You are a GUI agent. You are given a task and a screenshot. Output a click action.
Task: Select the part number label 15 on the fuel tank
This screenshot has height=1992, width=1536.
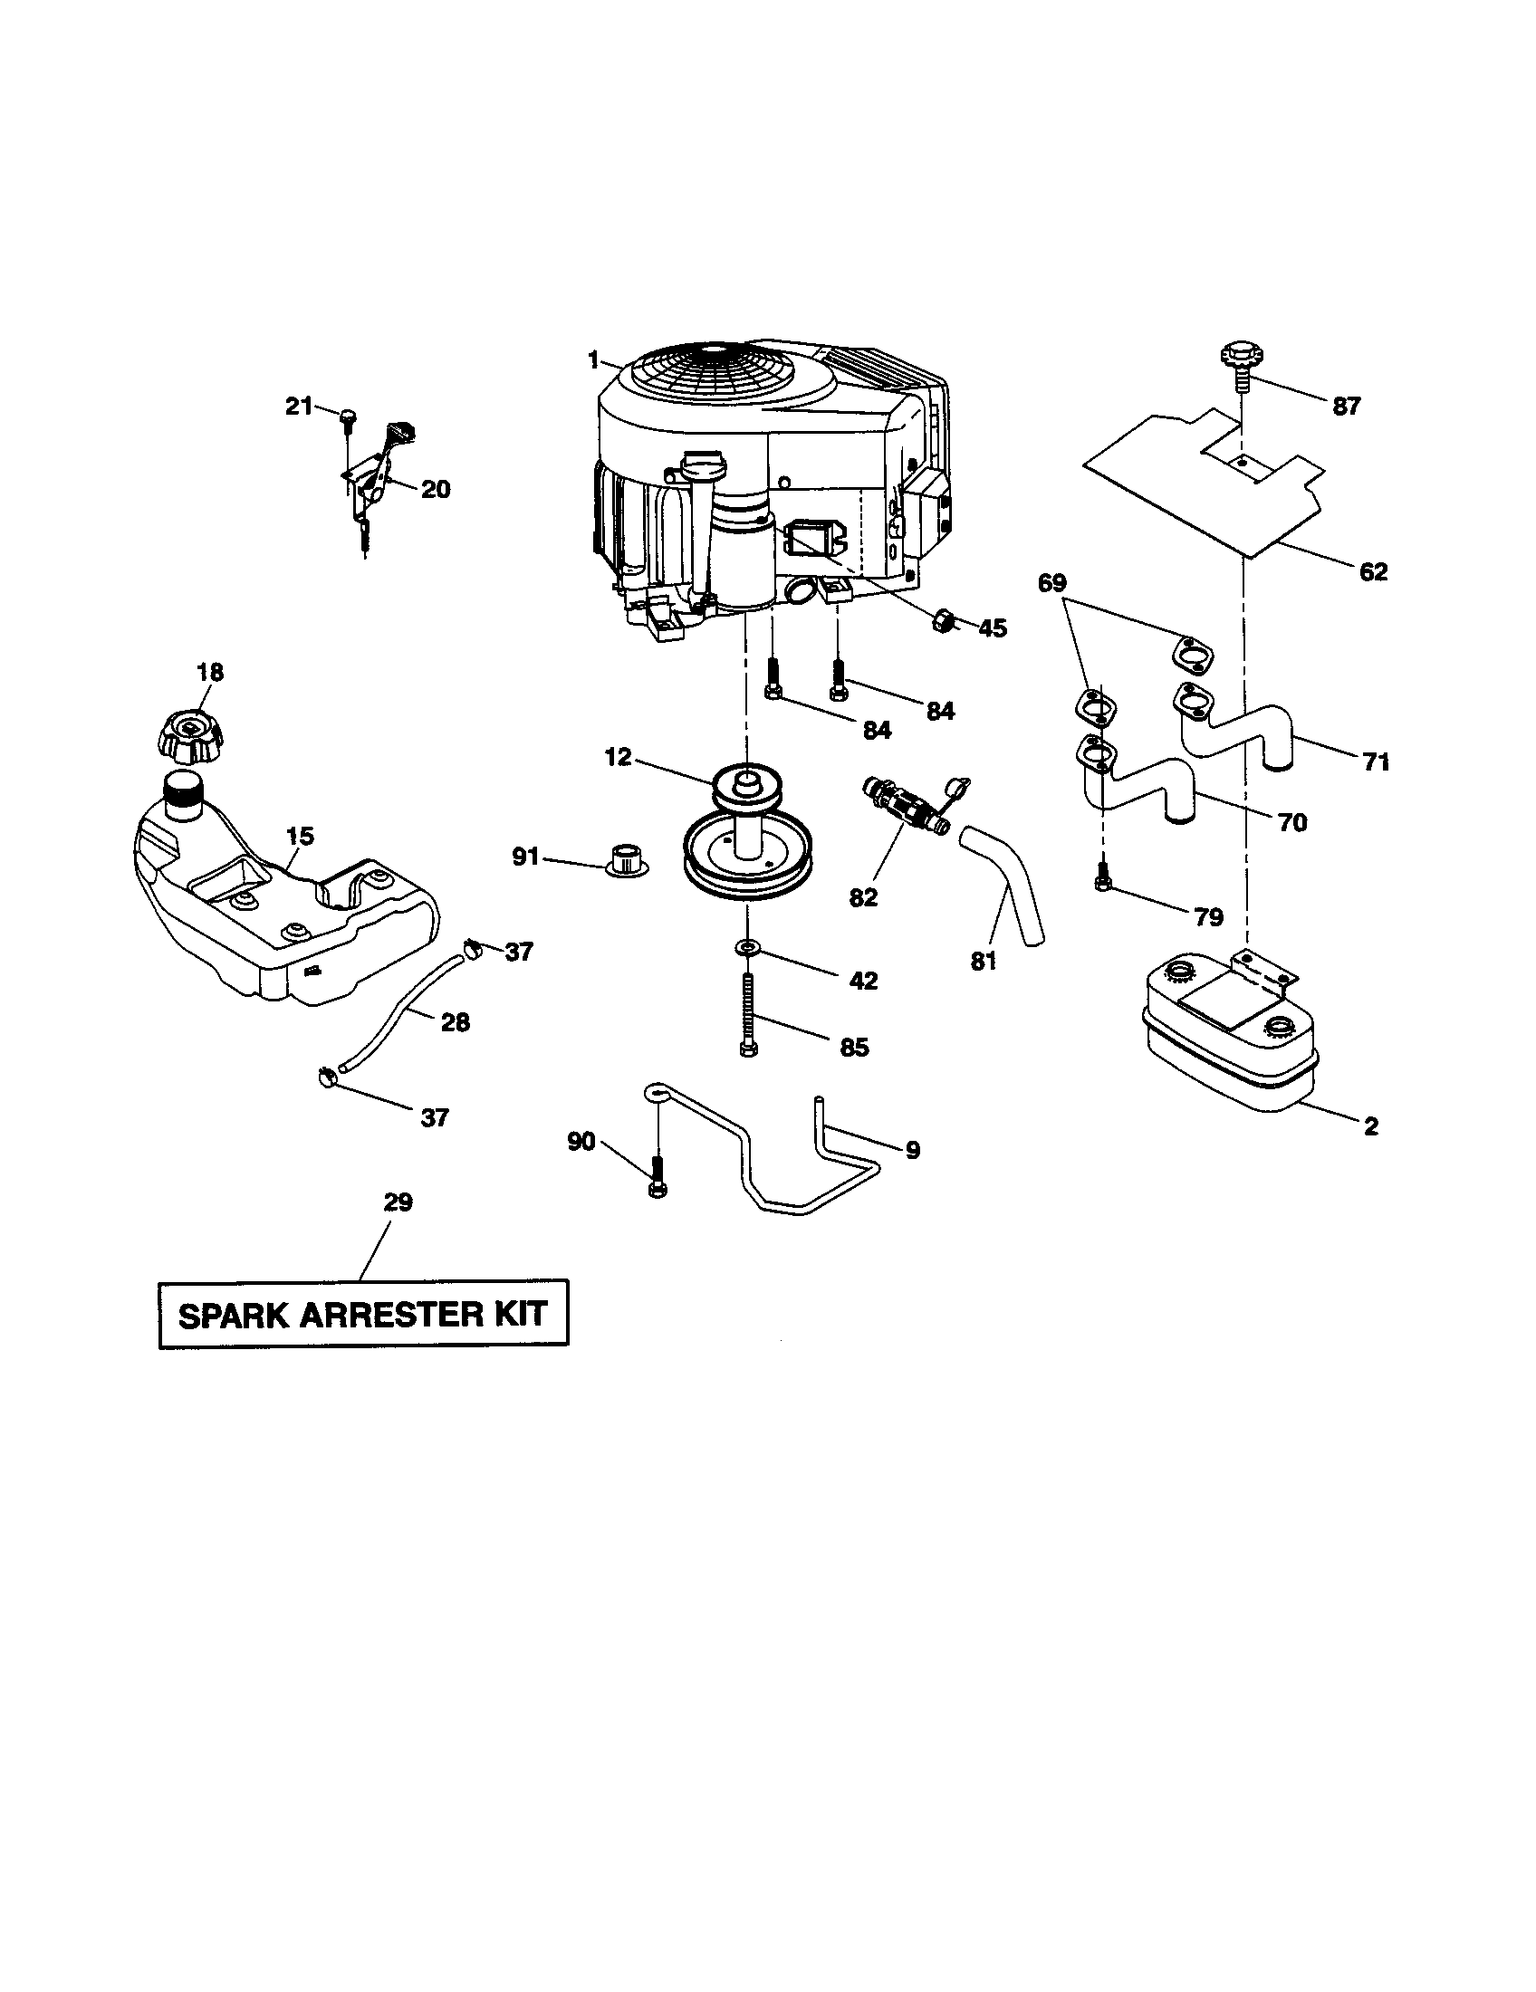(x=300, y=837)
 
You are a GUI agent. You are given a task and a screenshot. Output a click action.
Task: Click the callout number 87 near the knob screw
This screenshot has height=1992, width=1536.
(x=1347, y=407)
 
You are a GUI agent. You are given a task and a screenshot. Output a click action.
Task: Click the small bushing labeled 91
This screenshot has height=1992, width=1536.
(x=623, y=858)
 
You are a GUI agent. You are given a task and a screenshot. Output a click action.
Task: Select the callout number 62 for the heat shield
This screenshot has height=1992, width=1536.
(x=1373, y=572)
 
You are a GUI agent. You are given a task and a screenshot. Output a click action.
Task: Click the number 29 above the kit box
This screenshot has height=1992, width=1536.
(x=398, y=1202)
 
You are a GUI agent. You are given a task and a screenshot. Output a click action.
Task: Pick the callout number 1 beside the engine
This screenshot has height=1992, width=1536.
(x=594, y=361)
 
